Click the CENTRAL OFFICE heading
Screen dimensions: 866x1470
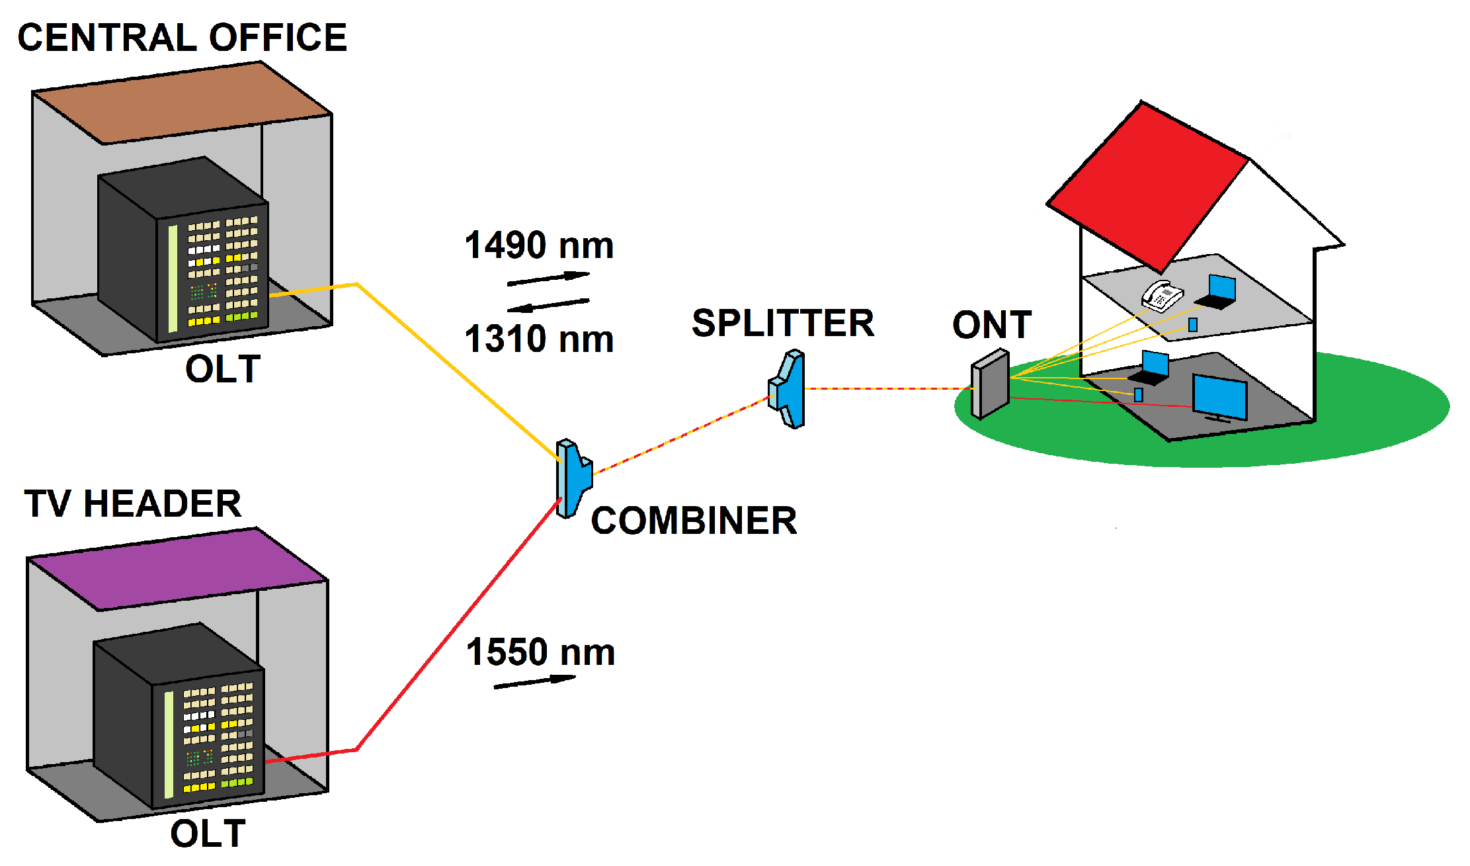182,37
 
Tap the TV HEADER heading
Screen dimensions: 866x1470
132,504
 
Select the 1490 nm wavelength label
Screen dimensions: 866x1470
539,245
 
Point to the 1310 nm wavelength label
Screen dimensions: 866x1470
539,339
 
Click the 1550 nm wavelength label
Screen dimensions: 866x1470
540,652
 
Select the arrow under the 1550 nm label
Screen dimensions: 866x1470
535,682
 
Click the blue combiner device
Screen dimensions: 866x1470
573,478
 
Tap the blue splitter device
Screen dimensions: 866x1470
789,390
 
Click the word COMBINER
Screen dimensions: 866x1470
694,521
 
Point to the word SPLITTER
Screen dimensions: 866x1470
783,324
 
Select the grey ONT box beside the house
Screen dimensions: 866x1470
990,385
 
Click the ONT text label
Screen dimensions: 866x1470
991,325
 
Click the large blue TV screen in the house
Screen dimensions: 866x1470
1220,396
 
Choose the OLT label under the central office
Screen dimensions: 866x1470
223,369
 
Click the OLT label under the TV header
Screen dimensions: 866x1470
208,834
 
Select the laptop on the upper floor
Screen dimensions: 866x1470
1219,292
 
